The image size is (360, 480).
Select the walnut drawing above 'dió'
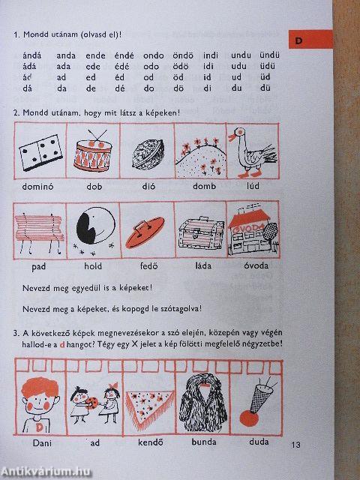pos(146,154)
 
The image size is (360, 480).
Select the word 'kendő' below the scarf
pos(146,443)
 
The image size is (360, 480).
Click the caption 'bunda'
pos(200,443)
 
